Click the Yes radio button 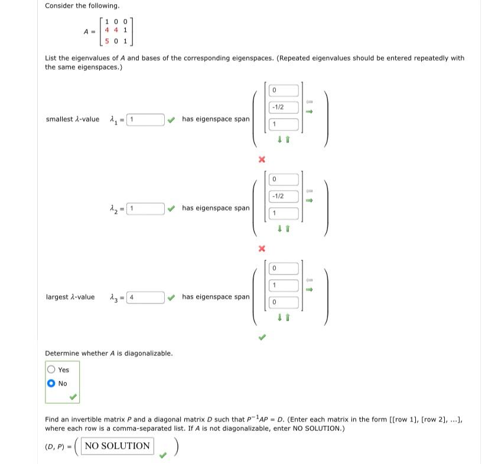pyautogui.click(x=51, y=370)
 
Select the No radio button pyautogui.click(x=51, y=383)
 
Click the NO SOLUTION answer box pyautogui.click(x=117, y=446)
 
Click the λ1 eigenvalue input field pyautogui.click(x=145, y=120)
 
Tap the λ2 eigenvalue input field pyautogui.click(x=145, y=208)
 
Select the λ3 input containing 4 pyautogui.click(x=145, y=297)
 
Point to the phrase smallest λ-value pyautogui.click(x=72, y=120)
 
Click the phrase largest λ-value pyautogui.click(x=70, y=297)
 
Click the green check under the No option pyautogui.click(x=73, y=397)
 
